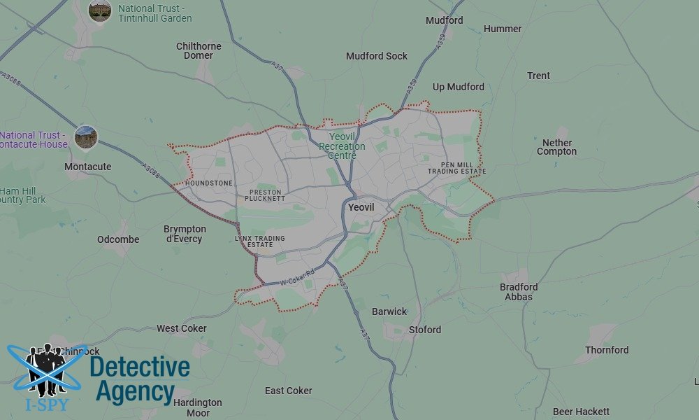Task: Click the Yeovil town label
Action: (361, 208)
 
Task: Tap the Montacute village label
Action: (87, 167)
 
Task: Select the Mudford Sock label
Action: (376, 56)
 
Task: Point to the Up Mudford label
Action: (458, 87)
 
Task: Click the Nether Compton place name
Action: (556, 147)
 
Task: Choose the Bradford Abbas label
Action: (519, 292)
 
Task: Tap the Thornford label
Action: (607, 350)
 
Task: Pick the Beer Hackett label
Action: (581, 412)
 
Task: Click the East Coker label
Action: (288, 391)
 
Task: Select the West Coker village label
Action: (181, 328)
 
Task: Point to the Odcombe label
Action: (118, 239)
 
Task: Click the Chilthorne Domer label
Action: (199, 51)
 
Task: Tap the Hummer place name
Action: (503, 29)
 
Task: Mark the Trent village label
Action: (538, 76)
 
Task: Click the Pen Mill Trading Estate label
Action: (456, 167)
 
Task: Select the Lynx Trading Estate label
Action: (259, 241)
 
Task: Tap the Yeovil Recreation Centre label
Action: (342, 146)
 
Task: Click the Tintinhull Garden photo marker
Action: (100, 10)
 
